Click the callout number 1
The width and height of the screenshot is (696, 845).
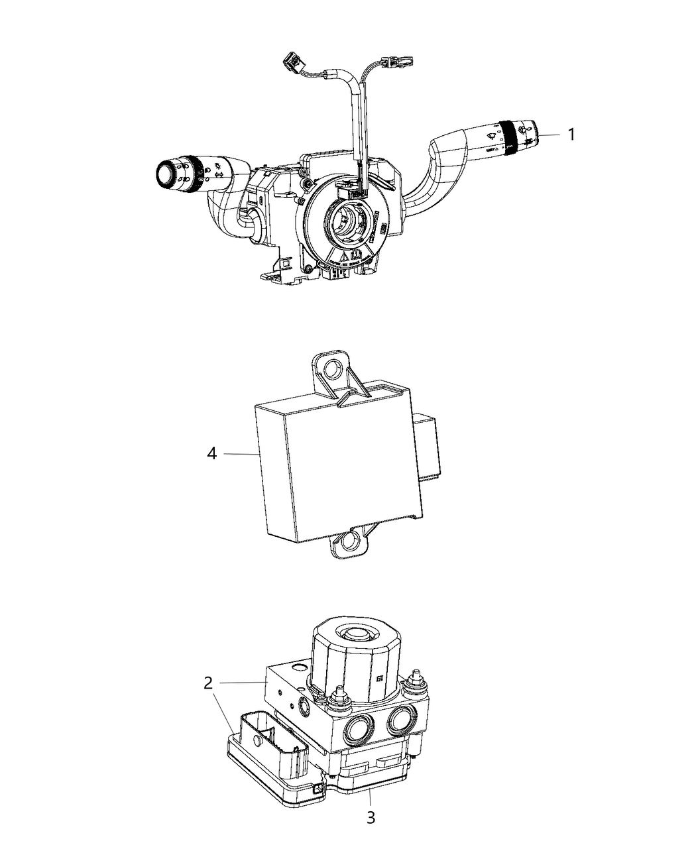coord(571,135)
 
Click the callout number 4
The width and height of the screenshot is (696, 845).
coord(211,454)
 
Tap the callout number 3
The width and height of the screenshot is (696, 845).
coord(371,818)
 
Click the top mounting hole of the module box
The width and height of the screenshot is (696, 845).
coord(333,368)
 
